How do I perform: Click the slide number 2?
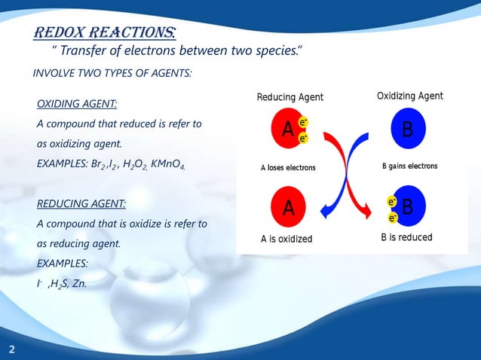[12, 349]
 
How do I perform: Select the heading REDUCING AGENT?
[81, 203]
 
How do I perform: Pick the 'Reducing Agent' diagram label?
[290, 97]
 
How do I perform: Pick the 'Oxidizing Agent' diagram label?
[409, 96]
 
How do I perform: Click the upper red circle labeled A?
[287, 130]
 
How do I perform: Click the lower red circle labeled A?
[287, 207]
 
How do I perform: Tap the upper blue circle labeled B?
[407, 130]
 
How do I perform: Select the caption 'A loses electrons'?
[288, 167]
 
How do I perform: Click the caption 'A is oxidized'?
[286, 239]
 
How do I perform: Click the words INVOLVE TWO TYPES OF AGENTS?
[112, 74]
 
